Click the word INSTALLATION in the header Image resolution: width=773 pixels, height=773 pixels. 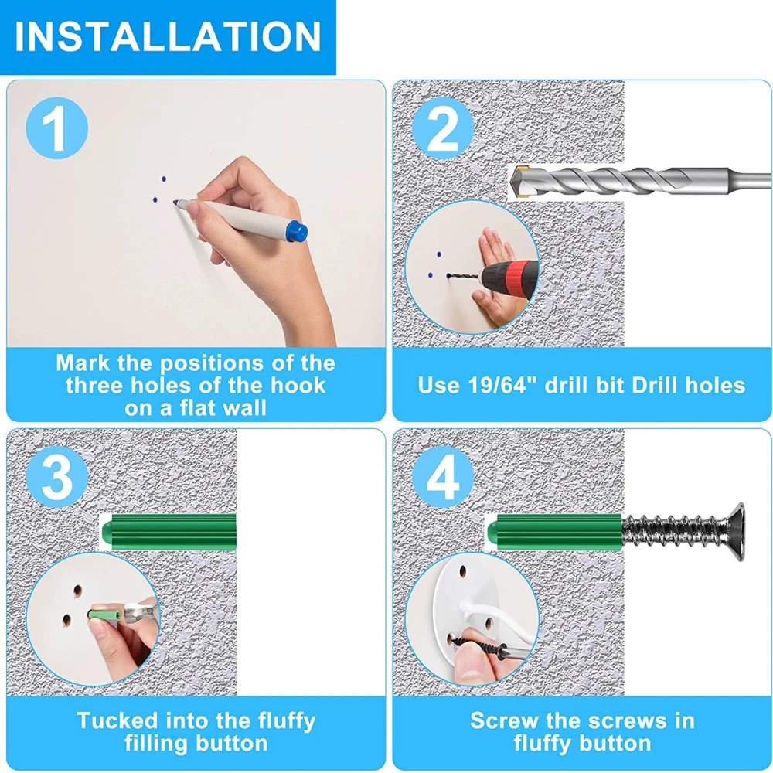(168, 36)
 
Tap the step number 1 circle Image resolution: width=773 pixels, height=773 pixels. (56, 128)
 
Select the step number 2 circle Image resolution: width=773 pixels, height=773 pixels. (443, 128)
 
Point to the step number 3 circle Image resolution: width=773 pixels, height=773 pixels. (56, 476)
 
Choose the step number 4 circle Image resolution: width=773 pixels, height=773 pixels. (443, 476)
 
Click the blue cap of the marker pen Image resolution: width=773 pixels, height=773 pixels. (297, 231)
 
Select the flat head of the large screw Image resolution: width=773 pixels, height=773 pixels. (736, 532)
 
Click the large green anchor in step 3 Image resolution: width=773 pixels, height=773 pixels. (169, 532)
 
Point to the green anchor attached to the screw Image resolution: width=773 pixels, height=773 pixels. (554, 532)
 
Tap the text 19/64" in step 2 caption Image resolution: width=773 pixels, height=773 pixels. (502, 384)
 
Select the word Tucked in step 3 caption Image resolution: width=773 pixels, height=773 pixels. (118, 720)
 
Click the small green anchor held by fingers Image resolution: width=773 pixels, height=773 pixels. (104, 615)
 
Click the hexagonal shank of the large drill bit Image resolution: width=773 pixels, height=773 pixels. (750, 180)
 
